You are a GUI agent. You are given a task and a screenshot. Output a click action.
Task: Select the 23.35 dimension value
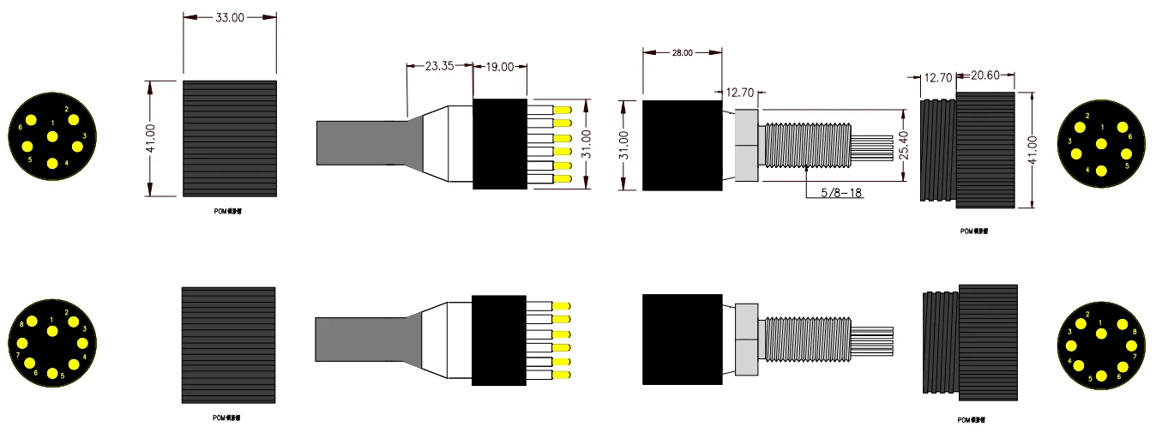pos(439,66)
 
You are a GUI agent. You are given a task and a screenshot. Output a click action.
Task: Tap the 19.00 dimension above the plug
pos(500,66)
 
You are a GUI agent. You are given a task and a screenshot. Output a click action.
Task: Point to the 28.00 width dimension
pos(682,53)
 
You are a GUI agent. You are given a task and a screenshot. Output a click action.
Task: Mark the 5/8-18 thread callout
pos(841,193)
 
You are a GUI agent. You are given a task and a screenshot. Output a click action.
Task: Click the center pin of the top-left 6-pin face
pos(52,137)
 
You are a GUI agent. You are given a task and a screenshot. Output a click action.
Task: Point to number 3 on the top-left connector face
pos(84,135)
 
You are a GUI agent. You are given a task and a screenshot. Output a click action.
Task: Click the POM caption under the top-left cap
pos(229,209)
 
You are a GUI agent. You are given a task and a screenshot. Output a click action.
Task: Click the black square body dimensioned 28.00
pos(682,145)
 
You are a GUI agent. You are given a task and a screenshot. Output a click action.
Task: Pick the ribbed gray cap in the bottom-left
pos(228,345)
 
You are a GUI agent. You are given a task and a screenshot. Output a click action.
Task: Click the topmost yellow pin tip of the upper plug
pos(563,111)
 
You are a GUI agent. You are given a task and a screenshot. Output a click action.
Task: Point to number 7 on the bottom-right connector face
pos(1135,356)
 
